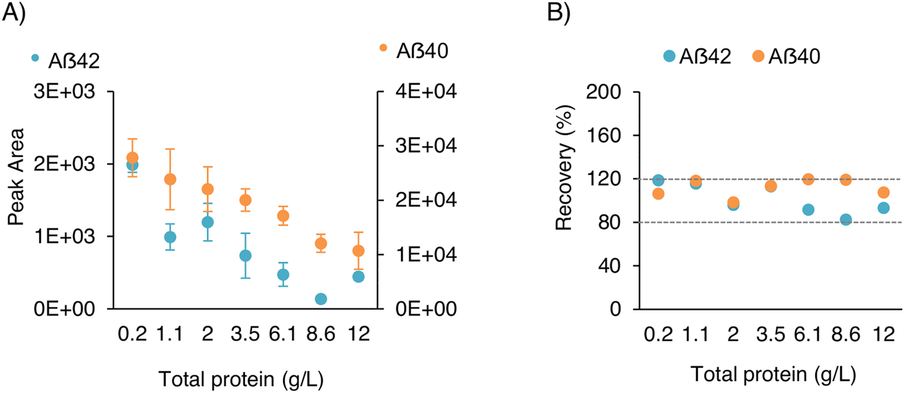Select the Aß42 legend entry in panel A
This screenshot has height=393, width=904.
pyautogui.click(x=65, y=61)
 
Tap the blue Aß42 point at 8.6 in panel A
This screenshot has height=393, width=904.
pyautogui.click(x=321, y=299)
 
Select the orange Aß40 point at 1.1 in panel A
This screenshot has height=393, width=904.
pyautogui.click(x=170, y=179)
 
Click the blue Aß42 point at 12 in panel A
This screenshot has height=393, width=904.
pyautogui.click(x=359, y=276)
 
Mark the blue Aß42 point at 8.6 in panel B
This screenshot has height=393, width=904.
pyautogui.click(x=846, y=220)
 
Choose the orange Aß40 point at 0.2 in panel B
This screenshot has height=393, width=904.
pyautogui.click(x=658, y=194)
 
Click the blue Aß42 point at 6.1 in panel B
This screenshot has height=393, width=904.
pyautogui.click(x=808, y=209)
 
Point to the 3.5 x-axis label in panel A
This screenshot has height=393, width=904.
pyautogui.click(x=246, y=335)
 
